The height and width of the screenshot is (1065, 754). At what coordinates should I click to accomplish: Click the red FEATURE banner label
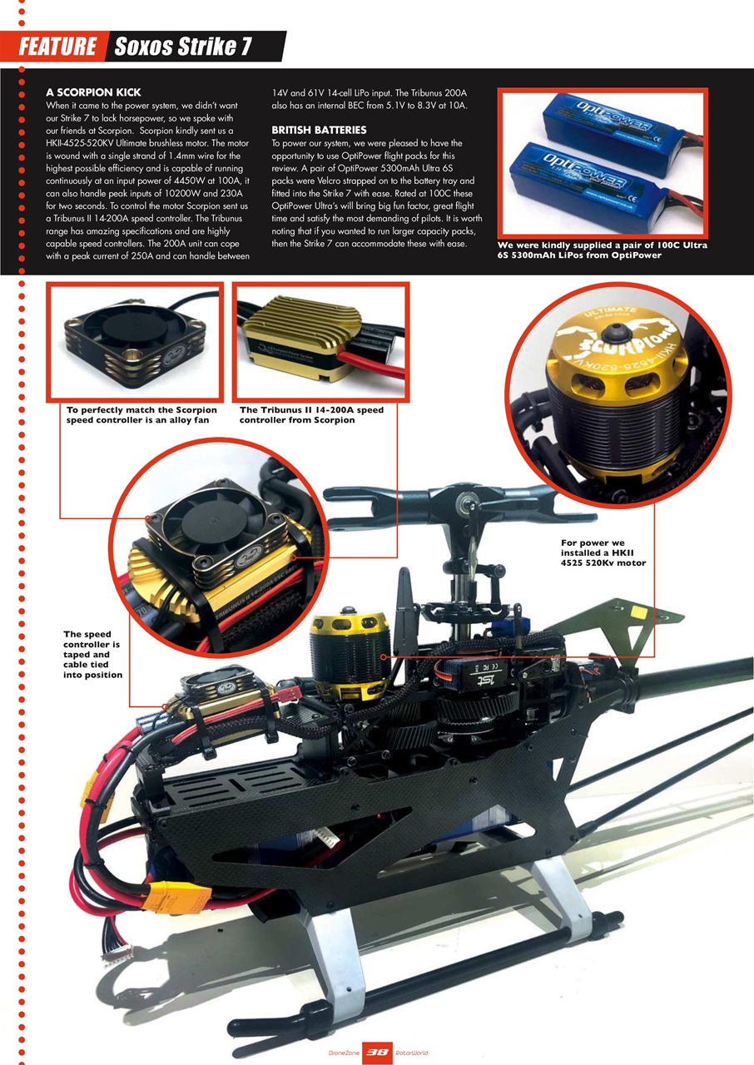pos(57,47)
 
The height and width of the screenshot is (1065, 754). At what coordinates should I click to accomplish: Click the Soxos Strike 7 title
pos(183,47)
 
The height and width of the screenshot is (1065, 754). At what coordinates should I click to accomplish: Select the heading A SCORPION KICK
pos(93,92)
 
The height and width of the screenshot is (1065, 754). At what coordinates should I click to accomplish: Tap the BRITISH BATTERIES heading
pos(319,131)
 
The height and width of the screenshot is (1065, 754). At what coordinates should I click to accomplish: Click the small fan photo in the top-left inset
pos(135,341)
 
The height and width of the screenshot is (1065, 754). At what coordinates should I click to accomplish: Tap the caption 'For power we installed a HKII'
pos(603,552)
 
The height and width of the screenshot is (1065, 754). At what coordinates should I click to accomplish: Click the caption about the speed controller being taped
pos(92,654)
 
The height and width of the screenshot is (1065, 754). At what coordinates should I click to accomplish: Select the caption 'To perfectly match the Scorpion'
pos(141,414)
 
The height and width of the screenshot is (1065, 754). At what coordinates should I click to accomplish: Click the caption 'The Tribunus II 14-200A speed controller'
pos(311,414)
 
